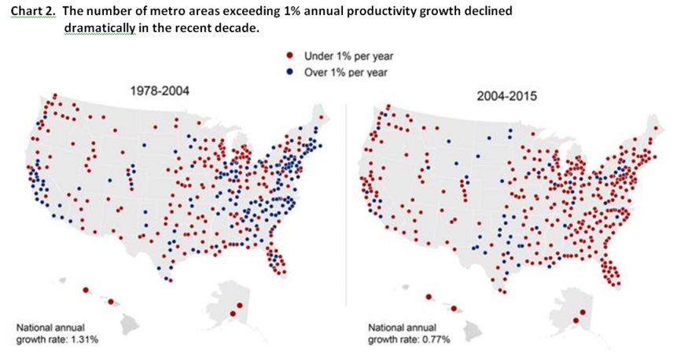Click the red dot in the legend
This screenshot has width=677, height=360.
pyautogui.click(x=289, y=57)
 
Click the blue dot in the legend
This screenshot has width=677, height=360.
pyautogui.click(x=289, y=72)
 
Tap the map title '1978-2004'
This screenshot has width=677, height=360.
pyautogui.click(x=159, y=91)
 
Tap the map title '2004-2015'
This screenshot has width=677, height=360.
pyautogui.click(x=505, y=96)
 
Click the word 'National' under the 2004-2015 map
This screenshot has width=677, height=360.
pyautogui.click(x=386, y=327)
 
